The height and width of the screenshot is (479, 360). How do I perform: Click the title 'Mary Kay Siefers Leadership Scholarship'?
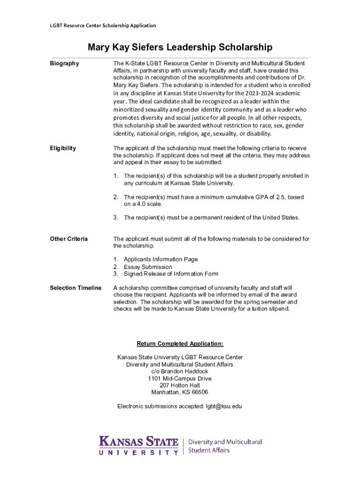tap(180, 47)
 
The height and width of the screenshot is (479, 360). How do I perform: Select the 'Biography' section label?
tap(65, 64)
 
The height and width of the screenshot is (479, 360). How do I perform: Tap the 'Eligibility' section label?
tap(63, 148)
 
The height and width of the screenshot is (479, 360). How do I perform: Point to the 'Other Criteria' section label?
tap(69, 239)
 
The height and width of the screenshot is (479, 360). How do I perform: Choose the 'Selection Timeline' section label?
tap(76, 288)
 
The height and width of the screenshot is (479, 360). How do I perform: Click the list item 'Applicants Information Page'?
tap(160, 260)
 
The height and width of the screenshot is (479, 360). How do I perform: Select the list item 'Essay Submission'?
tap(148, 267)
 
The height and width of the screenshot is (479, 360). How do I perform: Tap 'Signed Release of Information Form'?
tap(171, 274)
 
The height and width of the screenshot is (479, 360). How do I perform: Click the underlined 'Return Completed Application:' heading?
tap(180, 344)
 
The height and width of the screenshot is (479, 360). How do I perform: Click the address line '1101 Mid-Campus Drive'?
tap(180, 378)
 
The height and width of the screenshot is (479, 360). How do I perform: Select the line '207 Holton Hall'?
tap(180, 385)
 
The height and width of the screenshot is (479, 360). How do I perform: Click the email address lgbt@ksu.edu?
tap(223, 406)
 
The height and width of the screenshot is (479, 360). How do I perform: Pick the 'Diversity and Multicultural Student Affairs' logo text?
tap(224, 446)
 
